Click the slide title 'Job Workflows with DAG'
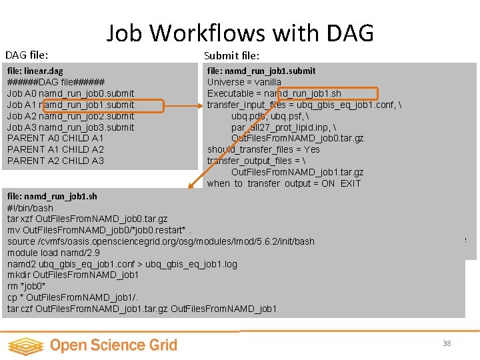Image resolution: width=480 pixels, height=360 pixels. coord(240,33)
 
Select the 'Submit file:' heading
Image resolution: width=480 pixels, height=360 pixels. coord(231,55)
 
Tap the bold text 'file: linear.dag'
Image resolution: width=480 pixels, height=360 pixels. coord(35,71)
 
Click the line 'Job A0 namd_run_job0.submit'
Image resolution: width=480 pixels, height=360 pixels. coord(71,93)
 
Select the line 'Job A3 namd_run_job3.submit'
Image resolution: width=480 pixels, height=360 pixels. coord(71,127)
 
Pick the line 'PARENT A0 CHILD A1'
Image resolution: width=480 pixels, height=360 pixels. coord(56,138)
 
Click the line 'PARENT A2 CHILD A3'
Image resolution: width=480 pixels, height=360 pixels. coord(56,161)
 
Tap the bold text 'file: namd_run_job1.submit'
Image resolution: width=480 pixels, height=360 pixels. coord(261,71)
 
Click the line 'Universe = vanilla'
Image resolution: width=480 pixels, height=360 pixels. coord(244,82)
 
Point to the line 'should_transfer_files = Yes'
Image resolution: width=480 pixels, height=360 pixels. coord(263,149)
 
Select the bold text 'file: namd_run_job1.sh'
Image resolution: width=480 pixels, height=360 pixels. coord(52,196)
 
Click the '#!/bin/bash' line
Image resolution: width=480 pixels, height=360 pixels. coord(30,207)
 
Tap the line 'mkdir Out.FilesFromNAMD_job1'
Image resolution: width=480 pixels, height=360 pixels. coord(73,275)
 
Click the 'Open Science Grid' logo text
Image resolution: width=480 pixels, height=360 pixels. coord(113,345)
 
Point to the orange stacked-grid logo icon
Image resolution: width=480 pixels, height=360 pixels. coord(25,345)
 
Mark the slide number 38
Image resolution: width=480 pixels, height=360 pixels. coord(447,343)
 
